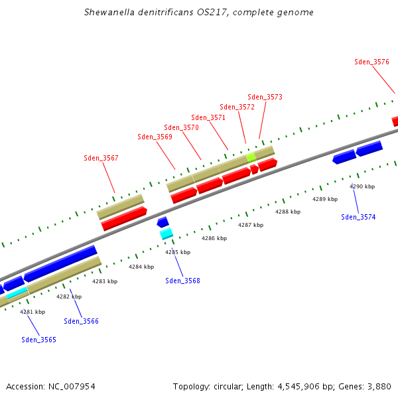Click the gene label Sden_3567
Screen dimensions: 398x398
coord(101,158)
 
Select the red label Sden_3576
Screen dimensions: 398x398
coord(371,62)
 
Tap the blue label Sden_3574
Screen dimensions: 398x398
coord(358,217)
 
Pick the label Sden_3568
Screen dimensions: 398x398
coord(182,281)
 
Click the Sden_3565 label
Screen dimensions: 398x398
coord(38,340)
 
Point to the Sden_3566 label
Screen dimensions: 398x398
coord(81,321)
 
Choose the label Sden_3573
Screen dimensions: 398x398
coord(265,97)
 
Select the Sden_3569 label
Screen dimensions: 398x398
coord(155,137)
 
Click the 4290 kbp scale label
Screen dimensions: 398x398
coord(362,186)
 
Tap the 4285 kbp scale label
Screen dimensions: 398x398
coord(177,252)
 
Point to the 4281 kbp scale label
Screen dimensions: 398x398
coord(33,311)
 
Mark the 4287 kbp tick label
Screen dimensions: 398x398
coord(251,225)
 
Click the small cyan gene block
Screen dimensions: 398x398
coord(166,233)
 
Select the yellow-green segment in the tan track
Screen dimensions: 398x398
coord(251,157)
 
